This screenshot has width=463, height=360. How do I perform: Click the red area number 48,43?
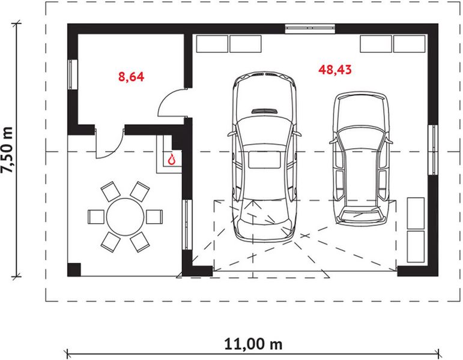pos(335,70)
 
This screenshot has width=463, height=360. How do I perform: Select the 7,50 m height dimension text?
pos(8,150)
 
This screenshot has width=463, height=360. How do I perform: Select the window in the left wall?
pos(72,76)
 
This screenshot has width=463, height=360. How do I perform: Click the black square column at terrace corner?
pos(73,269)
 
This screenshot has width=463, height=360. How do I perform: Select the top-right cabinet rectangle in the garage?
pos(410,44)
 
